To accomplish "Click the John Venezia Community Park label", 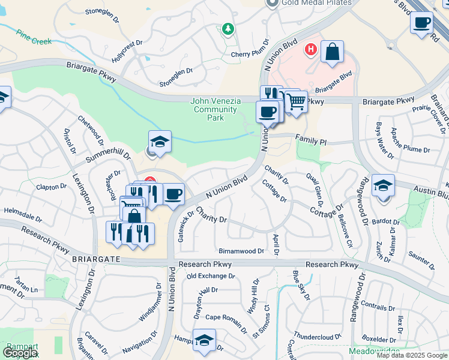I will click(x=215, y=109).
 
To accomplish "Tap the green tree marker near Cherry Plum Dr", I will click(x=228, y=28).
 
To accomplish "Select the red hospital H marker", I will click(x=311, y=49).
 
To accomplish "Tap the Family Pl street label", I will click(x=310, y=139).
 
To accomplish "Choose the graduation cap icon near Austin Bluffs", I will click(x=383, y=185).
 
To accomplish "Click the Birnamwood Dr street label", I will click(x=241, y=251).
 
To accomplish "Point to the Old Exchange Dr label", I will click(x=211, y=276).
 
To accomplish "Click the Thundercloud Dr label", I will click(x=317, y=337).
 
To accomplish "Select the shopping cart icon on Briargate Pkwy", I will click(x=295, y=102).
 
